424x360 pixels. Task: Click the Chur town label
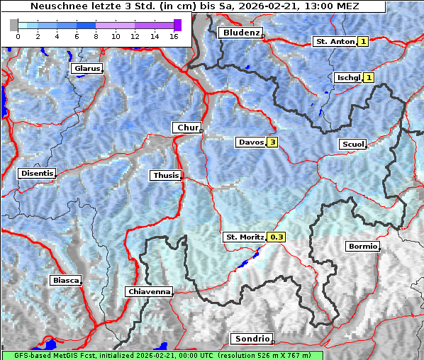(187, 128)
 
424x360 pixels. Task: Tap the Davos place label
(251, 142)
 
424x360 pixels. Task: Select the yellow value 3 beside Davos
(272, 142)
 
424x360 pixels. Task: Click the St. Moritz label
(244, 237)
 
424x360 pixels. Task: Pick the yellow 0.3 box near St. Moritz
(276, 237)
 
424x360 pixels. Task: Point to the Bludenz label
(240, 33)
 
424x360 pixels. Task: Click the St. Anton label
(334, 42)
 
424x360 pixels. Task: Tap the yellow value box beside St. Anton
(363, 42)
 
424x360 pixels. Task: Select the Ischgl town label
(347, 77)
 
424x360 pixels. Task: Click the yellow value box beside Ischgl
(369, 77)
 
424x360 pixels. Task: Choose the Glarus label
(86, 69)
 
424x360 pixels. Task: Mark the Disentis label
(37, 173)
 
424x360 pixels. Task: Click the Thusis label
(165, 175)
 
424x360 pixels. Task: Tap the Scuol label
(352, 145)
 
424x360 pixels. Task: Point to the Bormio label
(362, 247)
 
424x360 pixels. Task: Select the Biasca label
(65, 280)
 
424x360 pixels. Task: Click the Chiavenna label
(149, 291)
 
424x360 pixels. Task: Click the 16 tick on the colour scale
(174, 35)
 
